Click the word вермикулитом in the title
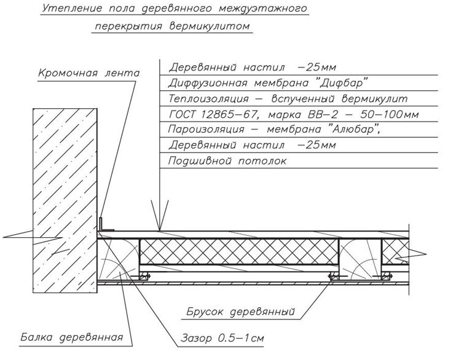click(210, 26)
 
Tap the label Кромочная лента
click(89, 72)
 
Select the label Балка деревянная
click(72, 337)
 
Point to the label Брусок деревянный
click(240, 311)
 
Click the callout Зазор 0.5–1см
click(222, 338)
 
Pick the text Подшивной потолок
click(227, 161)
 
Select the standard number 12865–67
click(229, 114)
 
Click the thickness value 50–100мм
click(390, 114)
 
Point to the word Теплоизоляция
click(208, 98)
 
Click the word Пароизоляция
click(206, 129)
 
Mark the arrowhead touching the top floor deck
click(159, 215)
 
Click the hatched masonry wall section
click(65, 201)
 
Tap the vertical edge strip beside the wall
click(100, 224)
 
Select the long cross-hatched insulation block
click(239, 252)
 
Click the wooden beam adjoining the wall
click(118, 259)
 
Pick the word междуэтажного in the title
click(262, 9)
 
